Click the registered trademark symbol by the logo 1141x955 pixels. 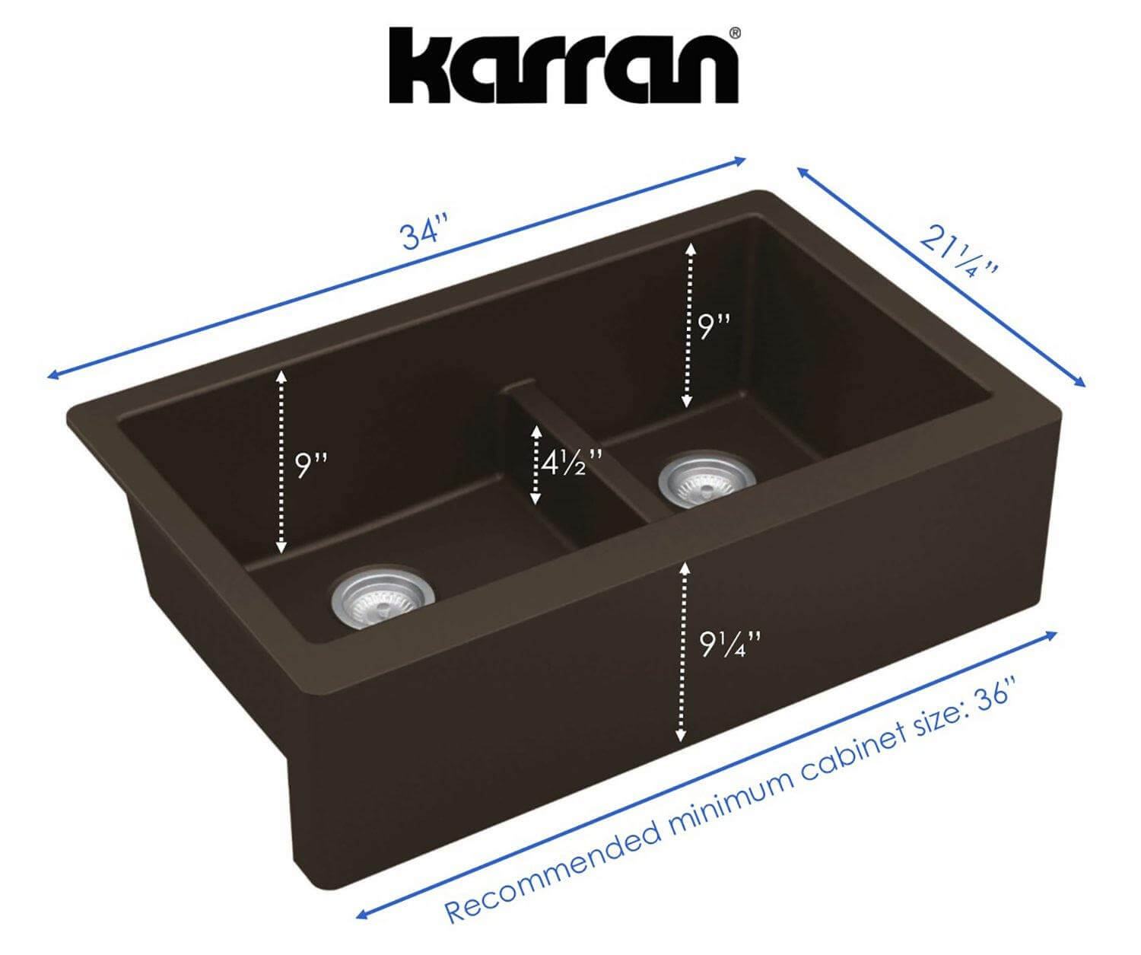[735, 33]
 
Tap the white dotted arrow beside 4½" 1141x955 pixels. [536, 464]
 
